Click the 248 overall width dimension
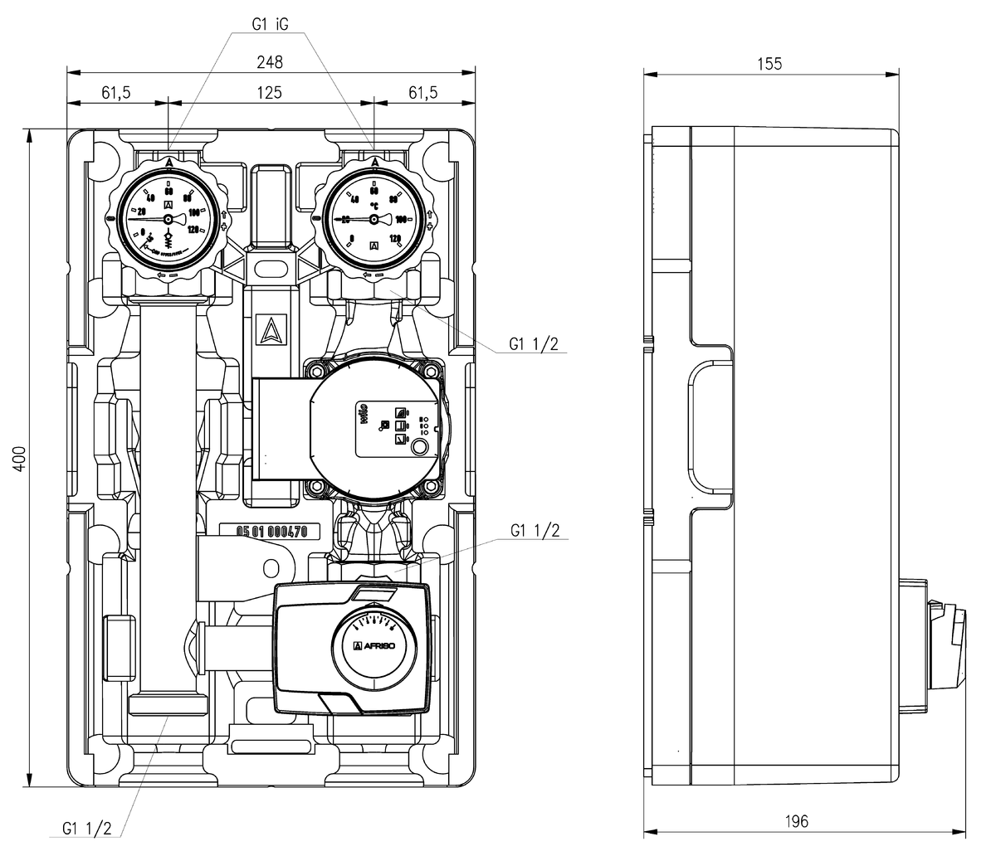coord(270,61)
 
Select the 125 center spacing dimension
coord(270,92)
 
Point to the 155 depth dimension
coord(769,64)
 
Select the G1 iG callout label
coord(271,24)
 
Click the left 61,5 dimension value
coord(116,92)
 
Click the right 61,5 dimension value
coord(422,92)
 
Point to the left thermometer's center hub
coord(168,220)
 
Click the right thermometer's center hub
coord(373,220)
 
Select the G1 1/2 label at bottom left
coord(87,828)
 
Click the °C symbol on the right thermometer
coord(375,202)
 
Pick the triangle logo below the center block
coord(271,332)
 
